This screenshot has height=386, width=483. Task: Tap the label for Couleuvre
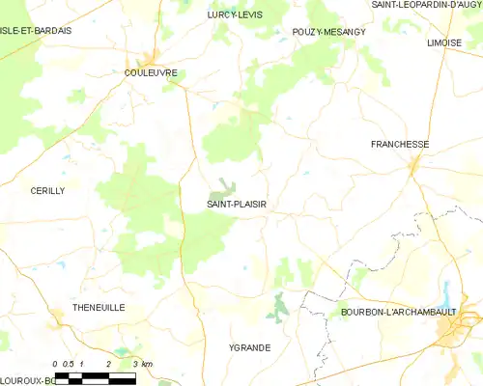(x=149, y=71)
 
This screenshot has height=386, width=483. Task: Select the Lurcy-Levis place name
(x=236, y=15)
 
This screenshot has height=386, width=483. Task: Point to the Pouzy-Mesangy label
(x=328, y=32)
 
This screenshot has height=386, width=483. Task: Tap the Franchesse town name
(x=400, y=144)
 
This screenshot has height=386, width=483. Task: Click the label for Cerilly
(x=47, y=191)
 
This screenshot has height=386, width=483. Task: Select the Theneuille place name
(x=99, y=307)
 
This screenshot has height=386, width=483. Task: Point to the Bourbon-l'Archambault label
(x=397, y=314)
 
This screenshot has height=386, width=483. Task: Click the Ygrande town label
(x=249, y=346)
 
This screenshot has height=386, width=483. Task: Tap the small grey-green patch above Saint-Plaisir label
(x=225, y=185)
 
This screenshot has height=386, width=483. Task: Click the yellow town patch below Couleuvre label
(x=152, y=58)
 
